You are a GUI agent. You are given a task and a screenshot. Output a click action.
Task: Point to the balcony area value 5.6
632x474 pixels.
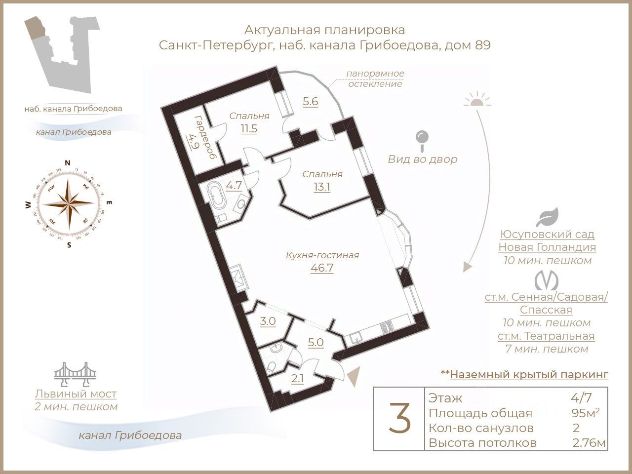pos(310,102)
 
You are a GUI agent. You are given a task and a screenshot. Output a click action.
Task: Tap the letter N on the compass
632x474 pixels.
pos(68,163)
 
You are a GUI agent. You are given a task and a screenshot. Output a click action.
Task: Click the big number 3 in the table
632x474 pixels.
pos(398,418)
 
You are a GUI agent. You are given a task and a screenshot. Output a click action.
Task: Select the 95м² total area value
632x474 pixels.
pos(585,413)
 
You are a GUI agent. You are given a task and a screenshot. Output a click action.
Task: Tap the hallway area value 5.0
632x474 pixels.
pos(316,342)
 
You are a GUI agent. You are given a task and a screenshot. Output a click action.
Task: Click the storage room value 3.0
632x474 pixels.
pos(268,321)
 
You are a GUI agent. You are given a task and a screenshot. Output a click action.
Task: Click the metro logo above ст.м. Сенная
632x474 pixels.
pos(546,280)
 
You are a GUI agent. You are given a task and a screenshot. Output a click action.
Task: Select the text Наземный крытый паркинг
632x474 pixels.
pos(529,375)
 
